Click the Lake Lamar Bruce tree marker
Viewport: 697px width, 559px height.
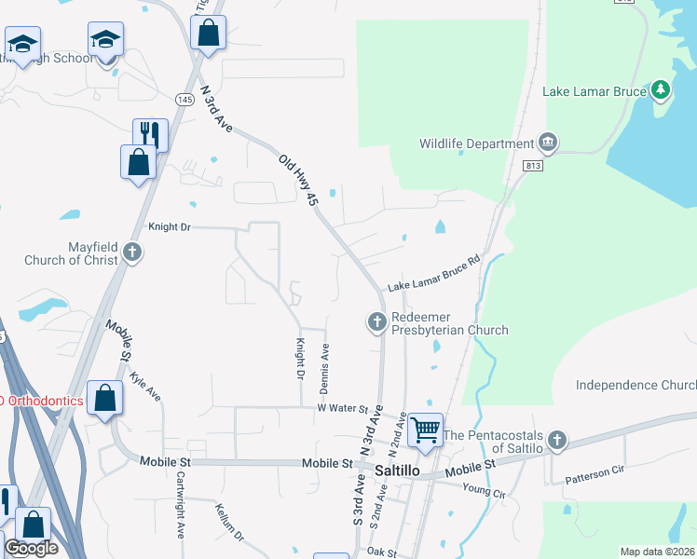[x=661, y=90]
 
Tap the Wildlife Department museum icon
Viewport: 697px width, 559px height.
[x=548, y=143]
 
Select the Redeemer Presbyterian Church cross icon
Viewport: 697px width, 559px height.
[x=377, y=322]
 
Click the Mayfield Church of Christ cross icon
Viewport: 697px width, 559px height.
[x=132, y=252]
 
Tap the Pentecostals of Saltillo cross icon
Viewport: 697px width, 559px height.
[x=556, y=439]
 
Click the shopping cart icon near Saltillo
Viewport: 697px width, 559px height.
[x=425, y=429]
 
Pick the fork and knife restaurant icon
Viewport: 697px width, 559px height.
[x=150, y=135]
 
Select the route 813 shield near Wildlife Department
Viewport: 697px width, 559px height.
[x=533, y=166]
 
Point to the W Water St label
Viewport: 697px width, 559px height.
[x=344, y=407]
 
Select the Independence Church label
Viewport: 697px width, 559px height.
[x=635, y=385]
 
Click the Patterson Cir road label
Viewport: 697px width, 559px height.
[x=594, y=471]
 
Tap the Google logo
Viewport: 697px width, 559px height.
[x=31, y=548]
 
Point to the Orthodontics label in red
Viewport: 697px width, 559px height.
[x=41, y=402]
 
